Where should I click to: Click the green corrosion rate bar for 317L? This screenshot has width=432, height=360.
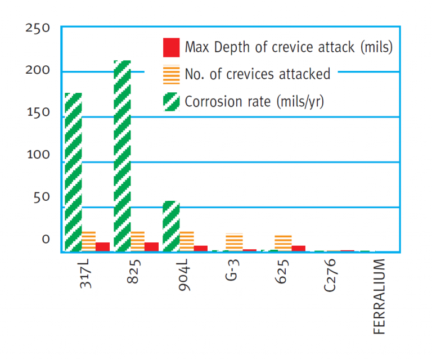[x=73, y=172]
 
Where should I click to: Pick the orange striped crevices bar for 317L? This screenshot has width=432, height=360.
[x=89, y=241]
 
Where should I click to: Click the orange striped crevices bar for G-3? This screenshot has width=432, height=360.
[x=234, y=242]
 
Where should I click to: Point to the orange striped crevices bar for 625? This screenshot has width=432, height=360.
[x=283, y=243]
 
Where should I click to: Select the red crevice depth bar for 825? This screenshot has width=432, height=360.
[x=151, y=247]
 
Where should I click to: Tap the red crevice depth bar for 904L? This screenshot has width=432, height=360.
[x=200, y=248]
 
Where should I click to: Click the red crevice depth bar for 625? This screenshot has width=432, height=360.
[x=298, y=248]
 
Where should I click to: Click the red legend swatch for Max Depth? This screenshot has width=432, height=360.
[x=171, y=47]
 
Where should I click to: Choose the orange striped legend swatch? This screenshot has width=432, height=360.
[x=171, y=74]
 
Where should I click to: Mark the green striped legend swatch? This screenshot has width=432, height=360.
[x=171, y=102]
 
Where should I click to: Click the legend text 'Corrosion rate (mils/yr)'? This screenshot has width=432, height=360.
[x=254, y=102]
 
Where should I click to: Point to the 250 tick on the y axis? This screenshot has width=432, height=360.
[x=38, y=28]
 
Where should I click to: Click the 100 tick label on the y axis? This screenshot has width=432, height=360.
[x=38, y=155]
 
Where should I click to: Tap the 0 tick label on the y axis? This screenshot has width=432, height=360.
[x=46, y=239]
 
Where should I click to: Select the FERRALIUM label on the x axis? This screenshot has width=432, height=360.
[x=380, y=296]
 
